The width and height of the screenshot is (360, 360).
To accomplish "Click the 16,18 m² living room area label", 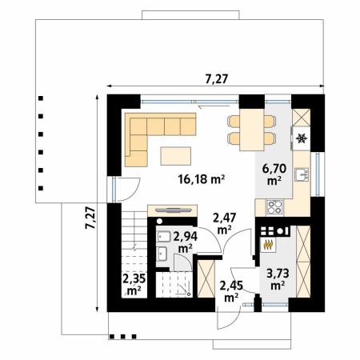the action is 202,179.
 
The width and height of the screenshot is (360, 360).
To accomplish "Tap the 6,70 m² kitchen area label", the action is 274,174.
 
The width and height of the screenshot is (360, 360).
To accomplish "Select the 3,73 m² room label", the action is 278,279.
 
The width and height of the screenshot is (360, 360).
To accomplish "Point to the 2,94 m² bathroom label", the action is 186,242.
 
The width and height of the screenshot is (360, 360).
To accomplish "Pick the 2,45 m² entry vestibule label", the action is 231,291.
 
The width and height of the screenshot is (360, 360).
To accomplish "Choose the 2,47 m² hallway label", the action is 224,224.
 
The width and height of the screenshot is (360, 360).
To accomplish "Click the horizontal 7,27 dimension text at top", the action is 217,79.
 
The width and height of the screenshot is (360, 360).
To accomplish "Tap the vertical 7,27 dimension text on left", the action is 90,218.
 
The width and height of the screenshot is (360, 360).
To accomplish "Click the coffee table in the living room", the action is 176,156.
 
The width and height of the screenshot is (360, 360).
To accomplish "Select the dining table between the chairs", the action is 252,130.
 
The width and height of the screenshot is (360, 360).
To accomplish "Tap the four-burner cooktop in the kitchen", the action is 274,207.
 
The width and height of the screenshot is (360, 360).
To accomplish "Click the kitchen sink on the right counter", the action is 302,174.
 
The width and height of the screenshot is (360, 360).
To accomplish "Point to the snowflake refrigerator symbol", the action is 302,138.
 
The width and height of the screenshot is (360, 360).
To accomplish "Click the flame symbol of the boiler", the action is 268,245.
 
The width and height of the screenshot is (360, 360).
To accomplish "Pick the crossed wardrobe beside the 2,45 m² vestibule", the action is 206,279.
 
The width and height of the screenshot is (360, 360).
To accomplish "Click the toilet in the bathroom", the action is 183,262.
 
